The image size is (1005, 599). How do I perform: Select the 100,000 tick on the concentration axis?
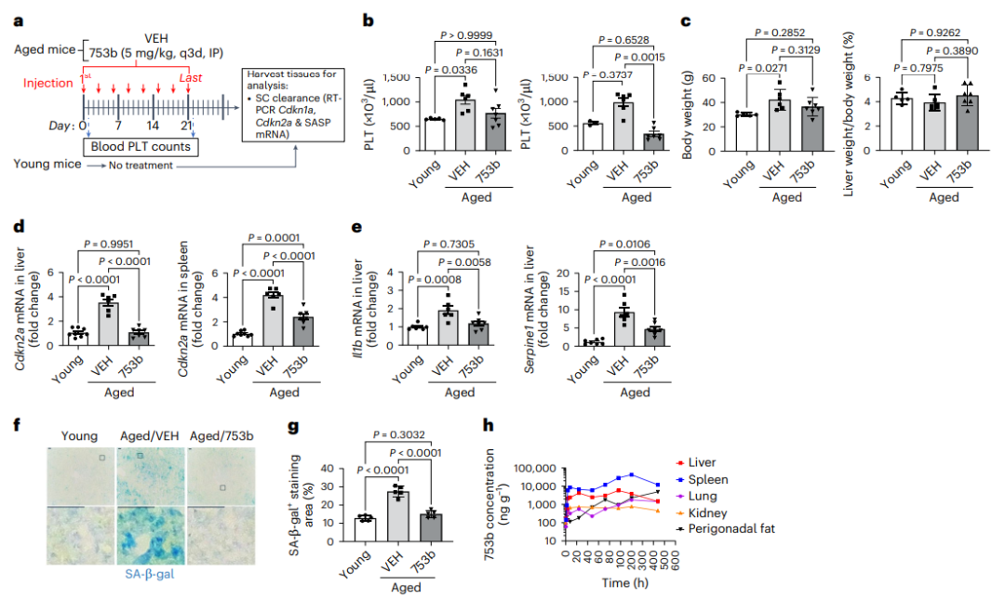coord(537,469)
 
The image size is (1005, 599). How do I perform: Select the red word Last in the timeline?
coord(191,78)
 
